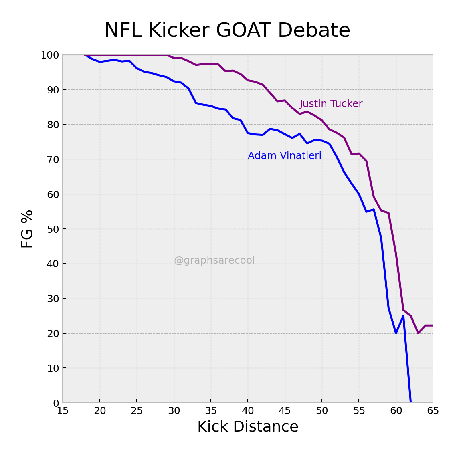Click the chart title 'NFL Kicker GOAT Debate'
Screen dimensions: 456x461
[x=227, y=31]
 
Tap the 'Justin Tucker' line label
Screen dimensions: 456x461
[x=331, y=104]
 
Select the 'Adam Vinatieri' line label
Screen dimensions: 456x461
[x=285, y=156]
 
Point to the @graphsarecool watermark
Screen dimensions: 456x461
[x=214, y=261]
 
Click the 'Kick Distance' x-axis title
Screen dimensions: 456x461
[x=248, y=427]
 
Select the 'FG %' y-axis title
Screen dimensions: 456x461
[x=27, y=229]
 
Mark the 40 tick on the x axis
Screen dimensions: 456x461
[x=248, y=411]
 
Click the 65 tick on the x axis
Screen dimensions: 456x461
[x=433, y=411]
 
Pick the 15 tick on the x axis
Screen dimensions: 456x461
[x=63, y=411]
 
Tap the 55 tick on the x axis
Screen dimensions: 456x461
[x=359, y=411]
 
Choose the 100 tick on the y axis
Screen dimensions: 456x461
[x=50, y=55]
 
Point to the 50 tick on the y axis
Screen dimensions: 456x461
[x=53, y=229]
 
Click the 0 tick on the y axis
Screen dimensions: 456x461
[x=56, y=403]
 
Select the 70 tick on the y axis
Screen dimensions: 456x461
[x=53, y=159]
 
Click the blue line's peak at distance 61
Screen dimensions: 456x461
[x=403, y=316]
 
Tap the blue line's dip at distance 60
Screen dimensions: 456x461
[x=396, y=333]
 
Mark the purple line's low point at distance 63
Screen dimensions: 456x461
[x=418, y=333]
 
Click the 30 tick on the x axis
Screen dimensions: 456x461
[x=174, y=411]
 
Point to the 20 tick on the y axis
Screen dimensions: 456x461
[x=53, y=333]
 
